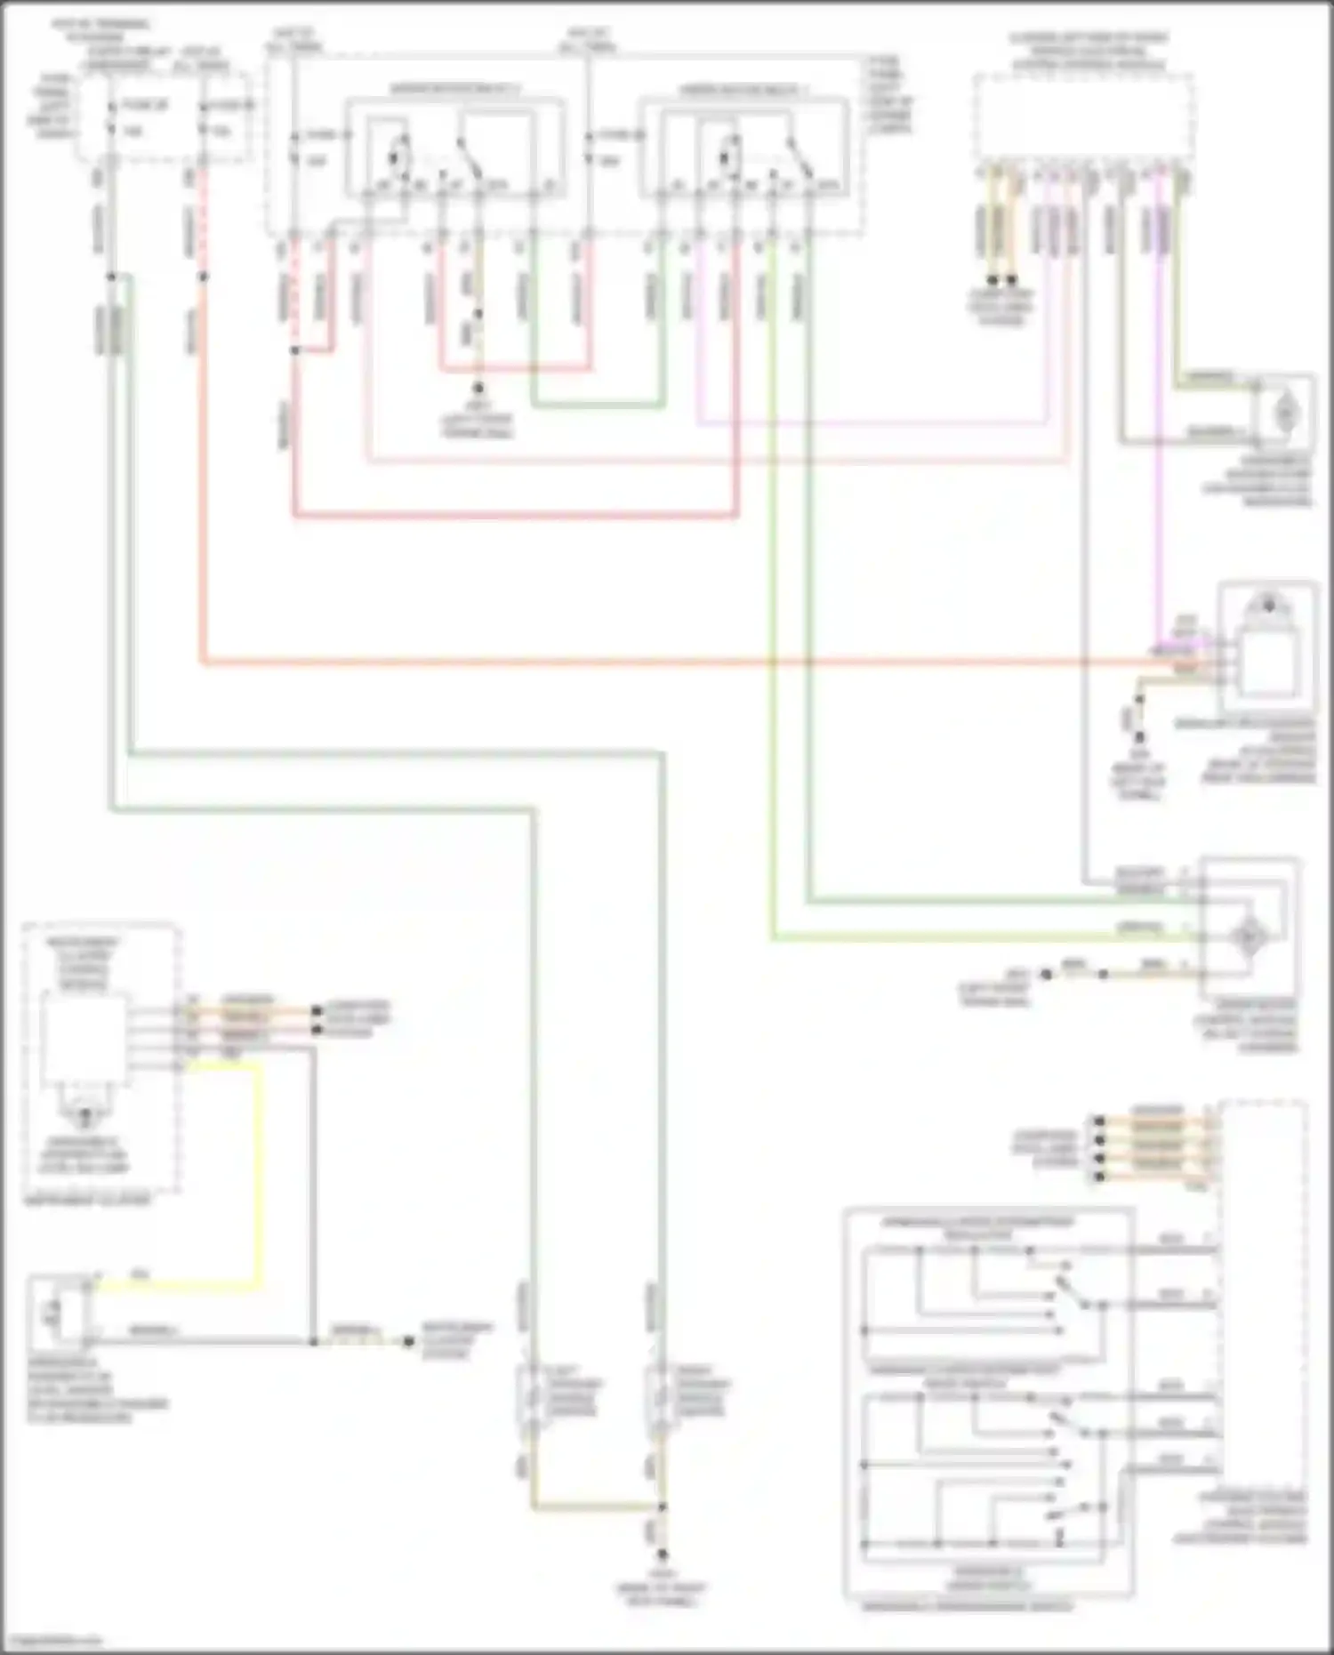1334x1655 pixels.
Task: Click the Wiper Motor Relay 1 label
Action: (x=454, y=90)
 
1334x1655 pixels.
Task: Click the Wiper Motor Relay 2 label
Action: (x=743, y=90)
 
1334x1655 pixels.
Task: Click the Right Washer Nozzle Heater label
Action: (x=703, y=1397)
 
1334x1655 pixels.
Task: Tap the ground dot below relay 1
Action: (x=478, y=389)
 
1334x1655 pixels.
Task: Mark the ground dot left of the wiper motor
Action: (x=1047, y=975)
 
